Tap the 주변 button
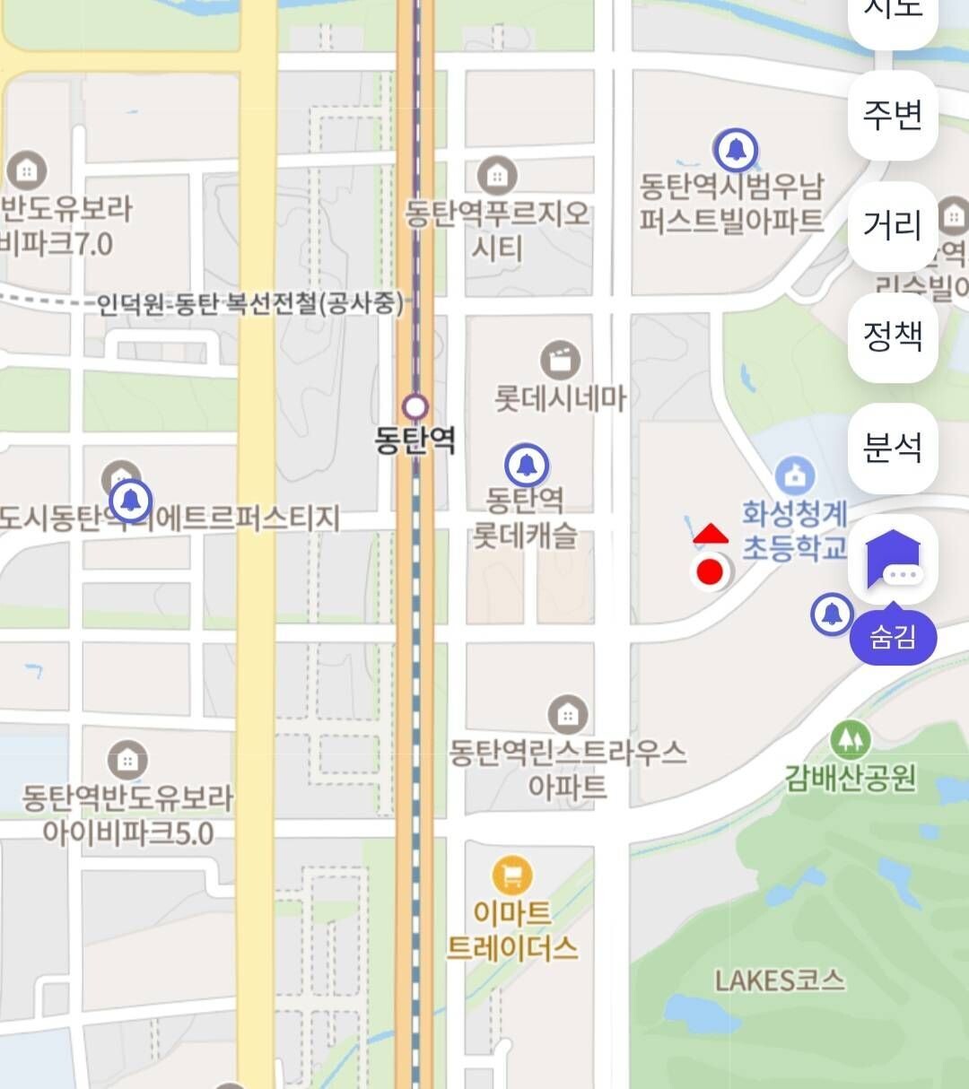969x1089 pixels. (893, 116)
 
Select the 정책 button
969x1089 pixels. (893, 336)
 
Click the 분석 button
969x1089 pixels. (893, 448)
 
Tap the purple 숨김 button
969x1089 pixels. (893, 638)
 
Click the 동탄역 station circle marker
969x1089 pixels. (415, 407)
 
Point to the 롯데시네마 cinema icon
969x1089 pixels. (561, 361)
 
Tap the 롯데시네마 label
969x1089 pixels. (561, 397)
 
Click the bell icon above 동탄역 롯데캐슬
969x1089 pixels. (527, 465)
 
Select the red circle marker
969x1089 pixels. (710, 571)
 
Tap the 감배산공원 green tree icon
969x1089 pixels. (850, 739)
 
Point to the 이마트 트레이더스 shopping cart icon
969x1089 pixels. (512, 875)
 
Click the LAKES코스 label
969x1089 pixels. (780, 980)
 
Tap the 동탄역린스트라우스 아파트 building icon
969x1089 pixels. (567, 715)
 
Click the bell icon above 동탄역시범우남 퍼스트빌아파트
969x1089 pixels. (736, 149)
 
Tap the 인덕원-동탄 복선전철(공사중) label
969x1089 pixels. (250, 304)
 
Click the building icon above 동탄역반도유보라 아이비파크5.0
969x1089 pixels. (127, 761)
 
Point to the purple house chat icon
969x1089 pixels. (893, 559)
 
